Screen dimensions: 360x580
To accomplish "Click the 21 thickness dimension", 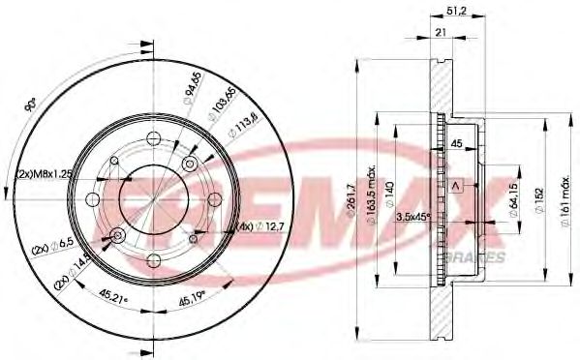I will pos(441,34).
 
